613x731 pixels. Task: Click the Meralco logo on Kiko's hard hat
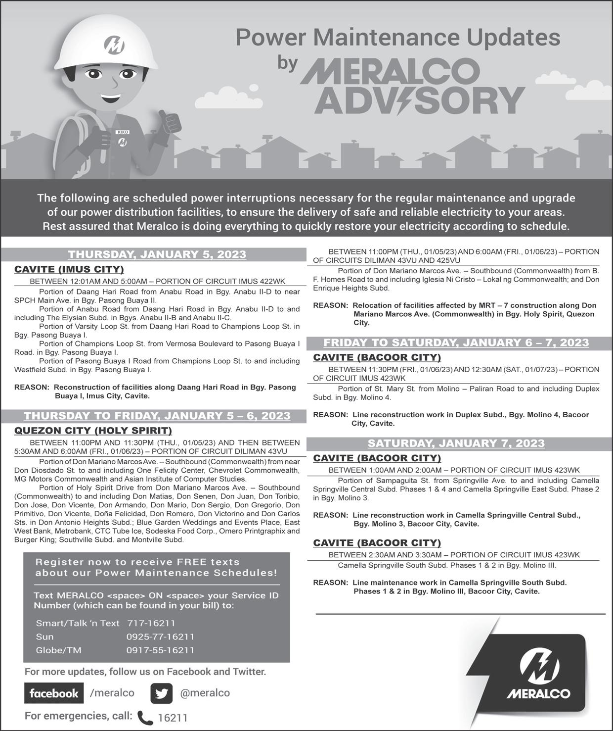(115, 46)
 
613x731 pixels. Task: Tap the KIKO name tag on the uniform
(123, 132)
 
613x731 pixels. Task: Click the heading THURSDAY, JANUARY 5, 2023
(157, 254)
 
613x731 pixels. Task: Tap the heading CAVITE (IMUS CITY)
(69, 269)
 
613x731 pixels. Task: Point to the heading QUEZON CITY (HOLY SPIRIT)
(93, 431)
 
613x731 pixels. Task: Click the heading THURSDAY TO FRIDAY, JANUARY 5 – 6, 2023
(157, 416)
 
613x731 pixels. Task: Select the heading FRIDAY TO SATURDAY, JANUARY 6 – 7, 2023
(456, 342)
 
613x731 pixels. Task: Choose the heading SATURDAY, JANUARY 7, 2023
(456, 443)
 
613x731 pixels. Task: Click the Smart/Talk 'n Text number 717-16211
(151, 623)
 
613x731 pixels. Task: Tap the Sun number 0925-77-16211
(160, 636)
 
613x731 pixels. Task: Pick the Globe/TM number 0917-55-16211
(160, 650)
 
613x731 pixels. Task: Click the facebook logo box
(54, 693)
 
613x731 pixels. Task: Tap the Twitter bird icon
(161, 693)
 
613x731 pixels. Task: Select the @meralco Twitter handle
(205, 693)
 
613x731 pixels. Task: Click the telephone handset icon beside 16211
(145, 717)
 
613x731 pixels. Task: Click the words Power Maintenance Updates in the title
(397, 37)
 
